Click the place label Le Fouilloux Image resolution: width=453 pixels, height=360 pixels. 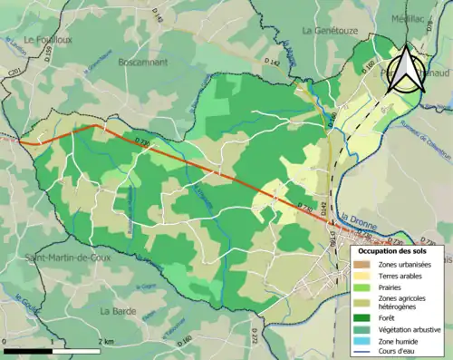[43, 39]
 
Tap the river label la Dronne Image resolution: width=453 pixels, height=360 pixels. [359, 218]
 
